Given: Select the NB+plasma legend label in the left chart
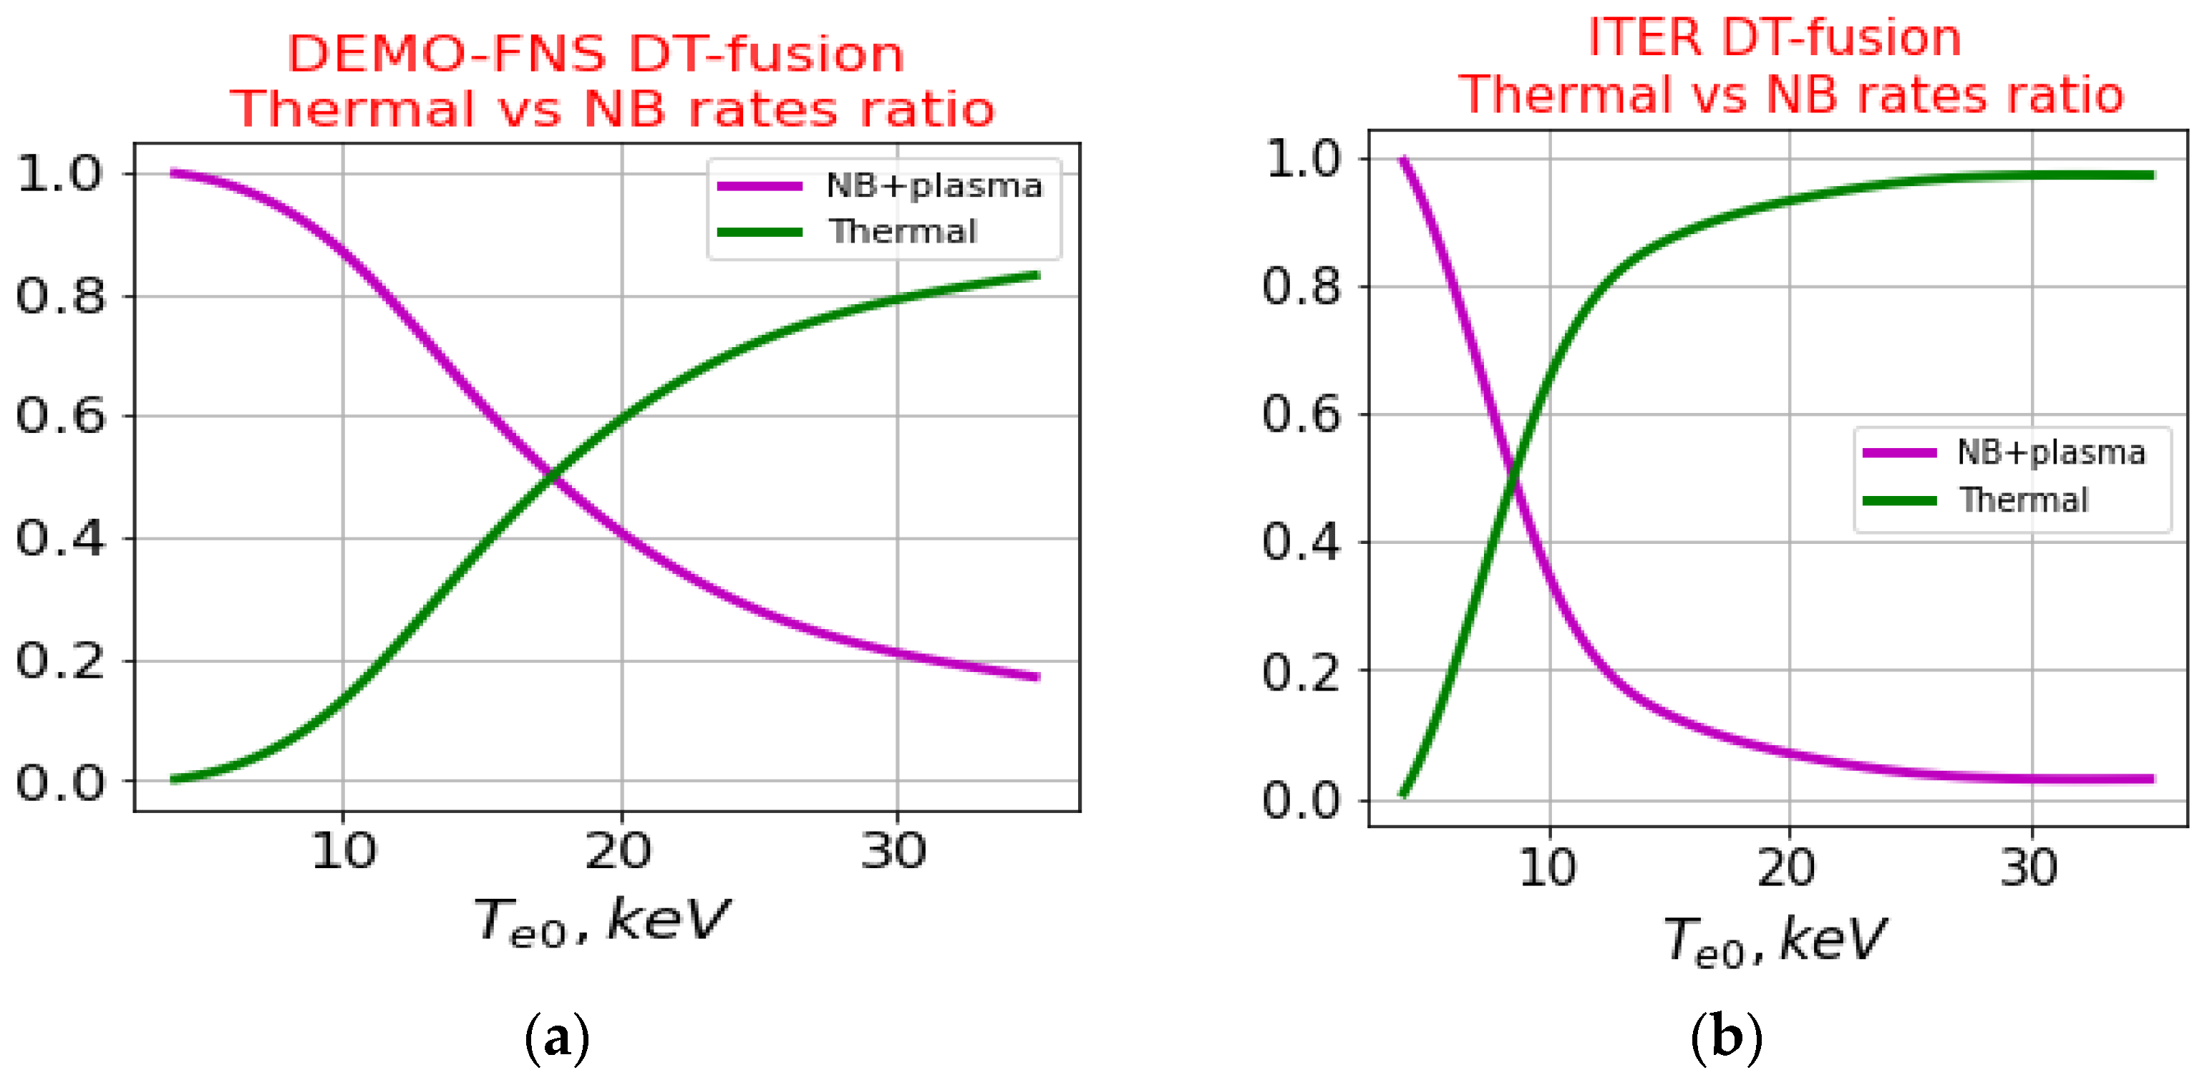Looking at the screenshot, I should tap(934, 185).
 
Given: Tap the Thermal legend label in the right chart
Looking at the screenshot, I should tap(2023, 500).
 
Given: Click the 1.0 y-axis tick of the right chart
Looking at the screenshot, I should tap(1304, 159).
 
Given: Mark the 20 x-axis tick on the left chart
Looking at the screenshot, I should tap(618, 851).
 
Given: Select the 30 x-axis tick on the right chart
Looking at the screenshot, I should tap(2029, 867).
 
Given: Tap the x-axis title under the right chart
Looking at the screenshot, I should tap(1775, 940).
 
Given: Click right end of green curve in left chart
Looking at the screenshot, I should tap(1036, 275).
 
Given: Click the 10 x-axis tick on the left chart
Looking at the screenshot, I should tap(343, 851).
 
